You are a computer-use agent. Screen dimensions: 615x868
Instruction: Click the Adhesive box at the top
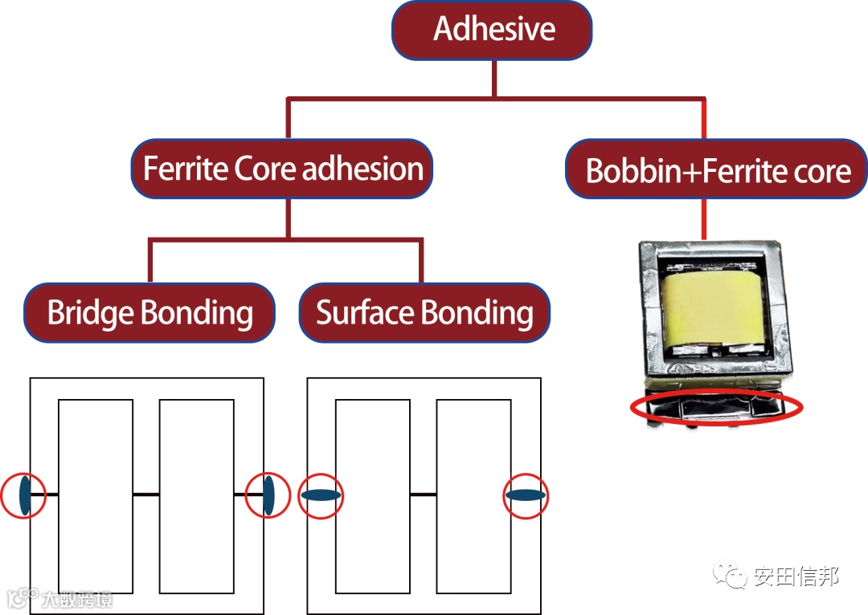[492, 31]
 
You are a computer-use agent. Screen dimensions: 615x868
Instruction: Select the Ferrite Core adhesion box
[281, 169]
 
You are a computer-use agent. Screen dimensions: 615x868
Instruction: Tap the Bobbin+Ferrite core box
[717, 170]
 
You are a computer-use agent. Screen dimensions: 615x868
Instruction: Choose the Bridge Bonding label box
[149, 312]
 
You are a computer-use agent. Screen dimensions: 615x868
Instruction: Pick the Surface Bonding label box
[424, 312]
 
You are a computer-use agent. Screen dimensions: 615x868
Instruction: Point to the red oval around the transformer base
[717, 409]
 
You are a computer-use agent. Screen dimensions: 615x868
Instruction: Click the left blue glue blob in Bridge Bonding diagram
[25, 495]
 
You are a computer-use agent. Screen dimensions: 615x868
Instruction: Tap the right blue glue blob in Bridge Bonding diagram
[268, 495]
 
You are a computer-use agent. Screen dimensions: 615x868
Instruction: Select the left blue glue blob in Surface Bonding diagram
[321, 495]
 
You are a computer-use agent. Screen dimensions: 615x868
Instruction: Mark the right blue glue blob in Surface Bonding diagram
[526, 495]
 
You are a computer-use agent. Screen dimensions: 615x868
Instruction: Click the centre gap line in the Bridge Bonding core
[146, 495]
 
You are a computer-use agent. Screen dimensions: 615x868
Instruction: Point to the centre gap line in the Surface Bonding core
[423, 495]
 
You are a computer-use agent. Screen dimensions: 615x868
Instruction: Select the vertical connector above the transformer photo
[704, 218]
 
